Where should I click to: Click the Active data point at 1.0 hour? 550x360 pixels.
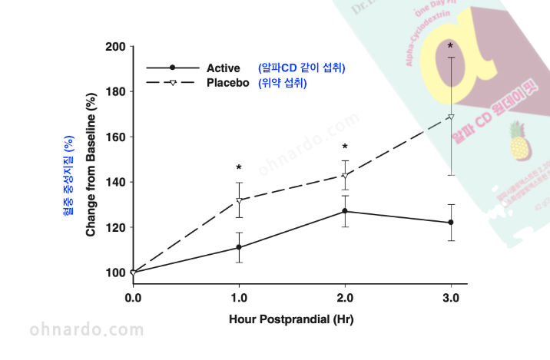tap(239, 247)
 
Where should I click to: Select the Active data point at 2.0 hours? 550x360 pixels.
tap(345, 211)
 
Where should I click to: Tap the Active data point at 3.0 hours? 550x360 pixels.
tap(451, 223)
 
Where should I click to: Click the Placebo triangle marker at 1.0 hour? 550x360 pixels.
tap(239, 200)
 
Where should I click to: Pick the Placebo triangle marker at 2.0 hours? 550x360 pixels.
tap(345, 176)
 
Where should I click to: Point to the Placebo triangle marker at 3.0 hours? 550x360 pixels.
tap(451, 117)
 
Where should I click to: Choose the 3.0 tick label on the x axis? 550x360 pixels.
tap(451, 298)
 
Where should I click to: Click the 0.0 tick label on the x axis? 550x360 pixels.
tap(133, 298)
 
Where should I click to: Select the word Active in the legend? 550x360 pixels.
tap(224, 68)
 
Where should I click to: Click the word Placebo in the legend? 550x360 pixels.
tap(228, 83)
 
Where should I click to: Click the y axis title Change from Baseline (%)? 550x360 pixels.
tap(90, 164)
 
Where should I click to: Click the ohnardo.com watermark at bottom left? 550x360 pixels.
tap(87, 331)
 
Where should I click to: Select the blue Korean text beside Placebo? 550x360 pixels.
tap(283, 83)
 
